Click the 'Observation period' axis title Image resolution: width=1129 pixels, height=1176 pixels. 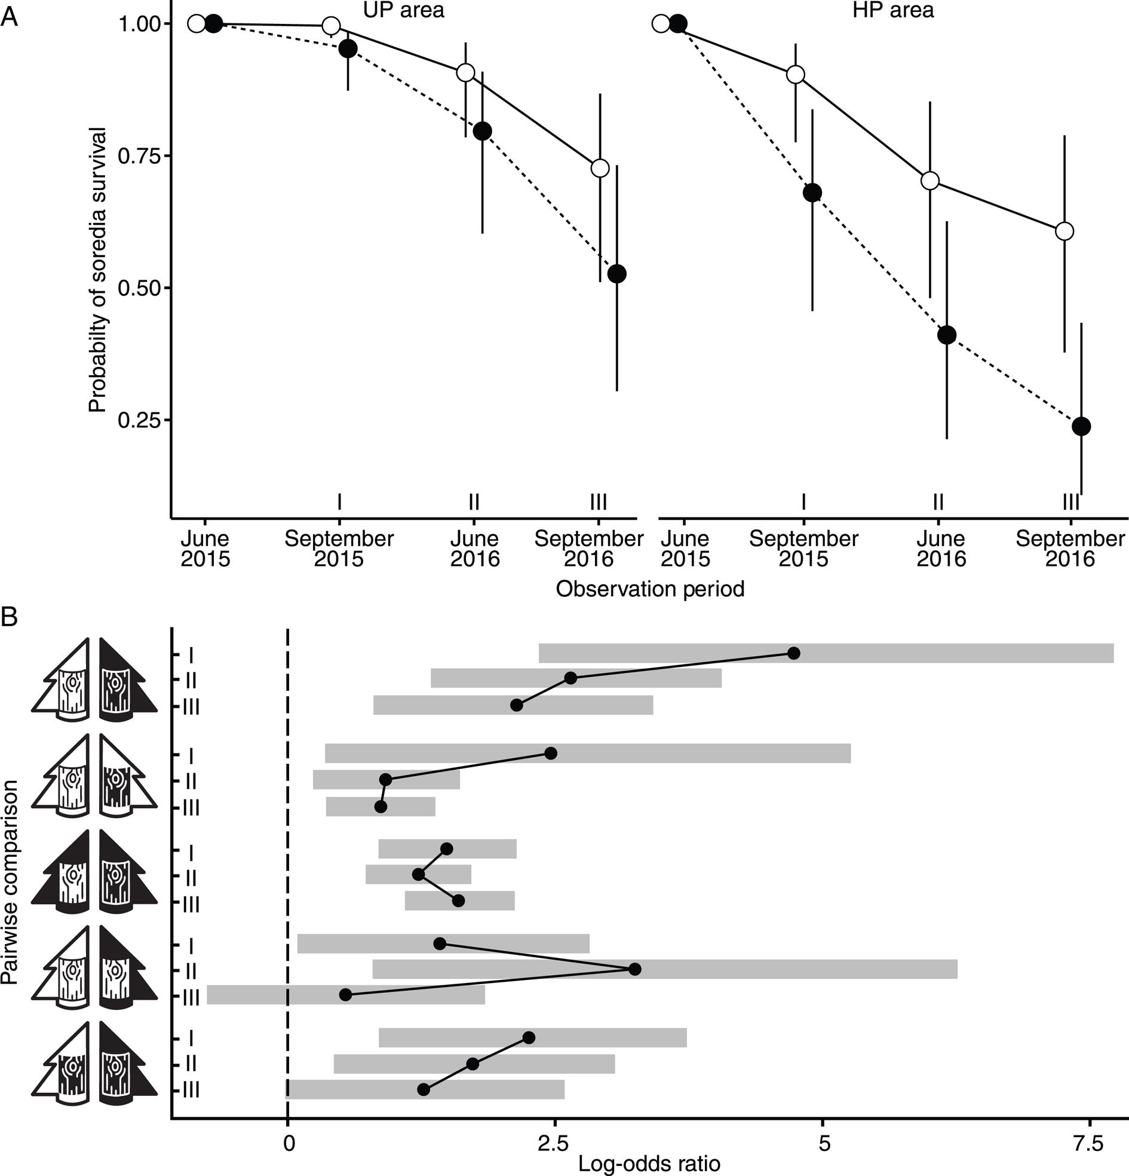coord(650,589)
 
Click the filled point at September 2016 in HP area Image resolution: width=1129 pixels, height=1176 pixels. coord(1081,427)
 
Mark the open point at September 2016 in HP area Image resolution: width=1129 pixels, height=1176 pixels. coord(1064,231)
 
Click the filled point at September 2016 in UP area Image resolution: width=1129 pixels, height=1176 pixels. coord(616,274)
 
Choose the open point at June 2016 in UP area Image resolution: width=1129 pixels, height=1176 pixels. coord(465,73)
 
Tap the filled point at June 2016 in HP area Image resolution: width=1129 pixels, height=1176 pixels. coord(947,335)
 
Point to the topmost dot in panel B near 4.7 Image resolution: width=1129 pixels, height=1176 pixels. coord(794,653)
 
